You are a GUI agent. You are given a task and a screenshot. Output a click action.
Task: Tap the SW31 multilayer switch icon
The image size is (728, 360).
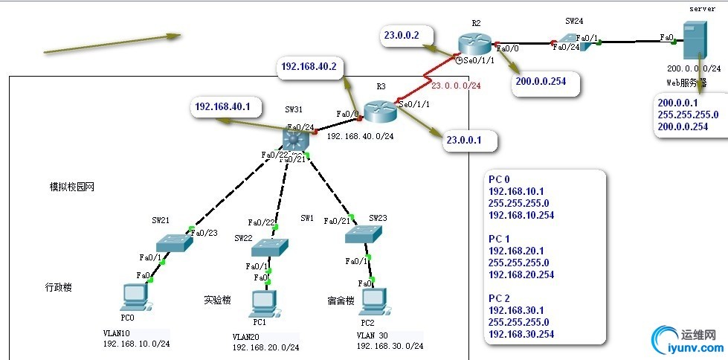295,138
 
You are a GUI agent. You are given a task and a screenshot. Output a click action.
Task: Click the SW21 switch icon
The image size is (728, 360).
174,242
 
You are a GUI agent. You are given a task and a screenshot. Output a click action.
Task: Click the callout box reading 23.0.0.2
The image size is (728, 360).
402,35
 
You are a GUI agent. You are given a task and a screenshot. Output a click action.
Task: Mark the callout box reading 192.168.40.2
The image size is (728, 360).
309,66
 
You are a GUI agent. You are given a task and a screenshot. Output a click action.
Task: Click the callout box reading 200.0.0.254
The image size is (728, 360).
546,82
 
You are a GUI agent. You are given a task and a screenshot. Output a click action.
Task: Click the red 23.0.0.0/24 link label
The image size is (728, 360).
456,86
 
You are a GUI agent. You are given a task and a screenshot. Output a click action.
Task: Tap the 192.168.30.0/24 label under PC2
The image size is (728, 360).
390,346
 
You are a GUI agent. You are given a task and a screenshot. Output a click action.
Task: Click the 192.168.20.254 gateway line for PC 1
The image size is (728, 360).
521,274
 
